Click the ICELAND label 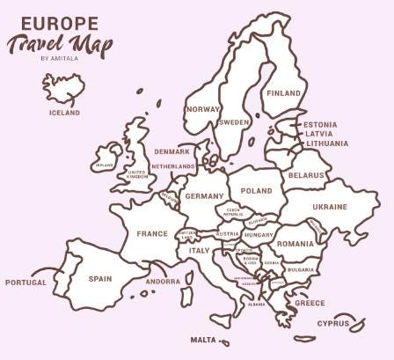pos(64,113)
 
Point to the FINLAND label pos(283,93)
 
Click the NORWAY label pos(203,109)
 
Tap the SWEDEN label pos(235,122)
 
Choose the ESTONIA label pos(320,125)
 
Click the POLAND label pos(257,190)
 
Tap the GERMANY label pos(205,196)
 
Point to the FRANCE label pos(151,234)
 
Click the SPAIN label pos(100,279)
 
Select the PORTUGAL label pos(25,283)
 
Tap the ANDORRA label pos(163,283)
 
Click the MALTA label pos(203,340)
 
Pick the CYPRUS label pos(333,323)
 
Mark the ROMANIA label pos(295,244)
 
